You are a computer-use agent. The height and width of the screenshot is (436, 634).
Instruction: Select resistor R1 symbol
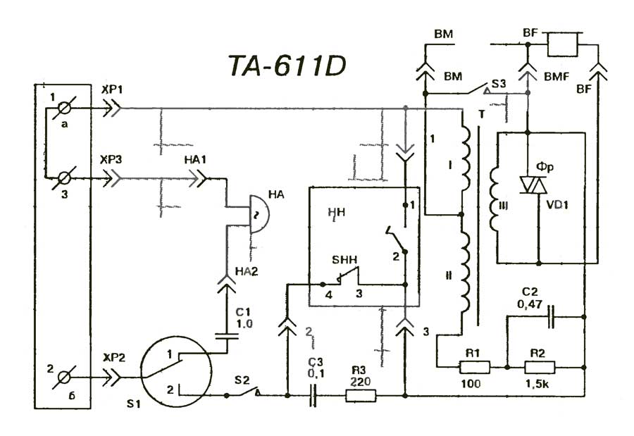tap(474, 367)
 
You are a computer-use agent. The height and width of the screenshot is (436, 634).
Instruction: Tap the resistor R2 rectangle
tap(540, 367)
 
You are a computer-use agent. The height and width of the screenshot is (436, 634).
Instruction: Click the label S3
tap(498, 84)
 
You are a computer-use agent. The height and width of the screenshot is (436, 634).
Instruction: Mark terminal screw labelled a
tap(65, 109)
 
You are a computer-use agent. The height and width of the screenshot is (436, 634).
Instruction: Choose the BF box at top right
tap(563, 44)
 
